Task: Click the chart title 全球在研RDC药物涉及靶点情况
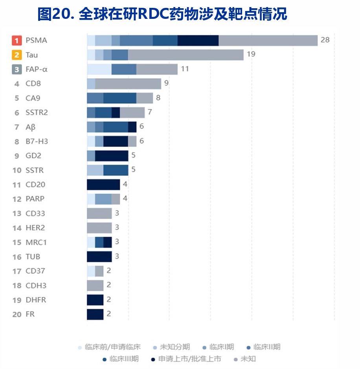point(162,14)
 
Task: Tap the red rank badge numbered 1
point(17,40)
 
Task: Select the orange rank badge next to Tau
point(17,55)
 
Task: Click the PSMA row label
point(36,40)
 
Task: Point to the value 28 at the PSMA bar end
point(325,40)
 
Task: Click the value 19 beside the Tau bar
point(251,54)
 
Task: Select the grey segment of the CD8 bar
point(128,84)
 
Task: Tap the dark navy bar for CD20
point(103,185)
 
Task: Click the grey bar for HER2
point(99,228)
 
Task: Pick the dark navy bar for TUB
point(99,257)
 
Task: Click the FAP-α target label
point(37,70)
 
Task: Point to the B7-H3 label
point(37,141)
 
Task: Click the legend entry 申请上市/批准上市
point(189,359)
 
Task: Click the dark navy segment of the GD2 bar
point(112,156)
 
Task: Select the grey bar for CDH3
point(95,286)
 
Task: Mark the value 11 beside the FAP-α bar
point(185,69)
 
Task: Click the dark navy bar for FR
point(95,314)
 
